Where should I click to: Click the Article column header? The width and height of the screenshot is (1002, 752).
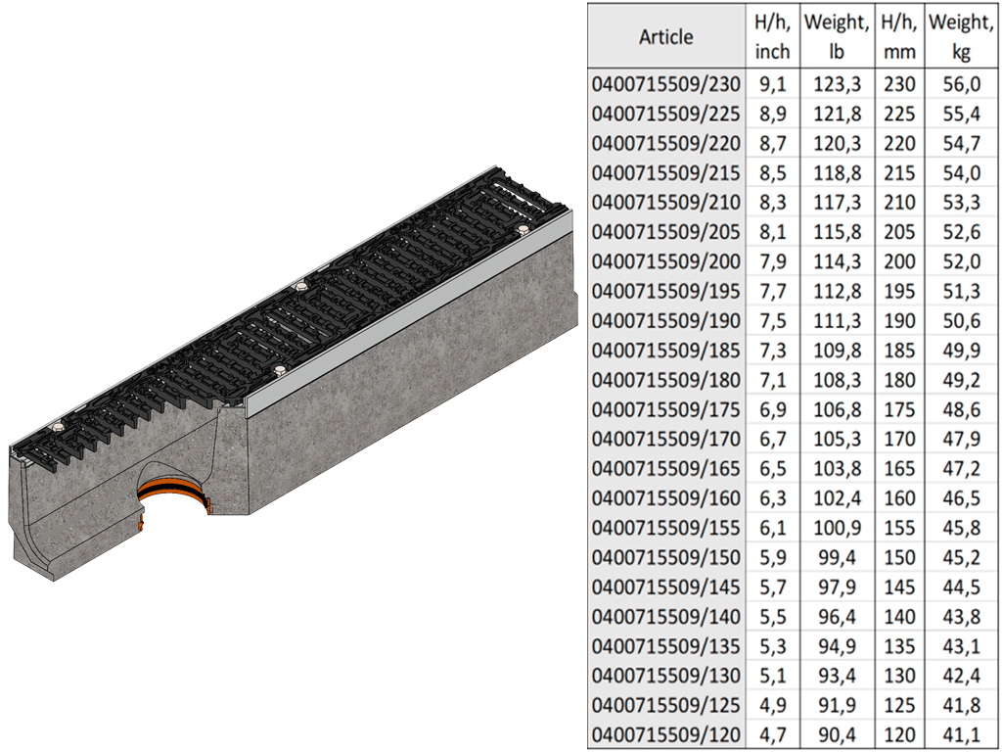coord(665,36)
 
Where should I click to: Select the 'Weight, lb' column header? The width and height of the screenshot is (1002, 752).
coord(836,36)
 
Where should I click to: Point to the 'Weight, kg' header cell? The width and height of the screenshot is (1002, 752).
coord(961,36)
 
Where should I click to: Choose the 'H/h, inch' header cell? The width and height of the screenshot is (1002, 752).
coord(773,36)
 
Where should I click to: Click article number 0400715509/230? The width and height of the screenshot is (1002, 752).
coord(665,84)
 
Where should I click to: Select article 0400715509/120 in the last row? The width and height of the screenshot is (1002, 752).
coord(665,734)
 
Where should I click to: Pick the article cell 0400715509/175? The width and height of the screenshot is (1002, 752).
coord(665,409)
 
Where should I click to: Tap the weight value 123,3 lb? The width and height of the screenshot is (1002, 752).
coord(837,84)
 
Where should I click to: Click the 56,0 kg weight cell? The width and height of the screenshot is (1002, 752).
coord(961,84)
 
